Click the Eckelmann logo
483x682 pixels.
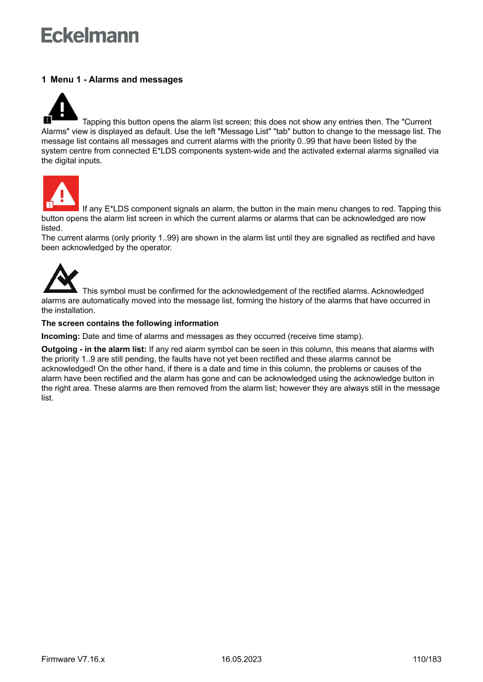[x=90, y=36]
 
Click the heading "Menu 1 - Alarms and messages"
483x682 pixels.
[x=112, y=79]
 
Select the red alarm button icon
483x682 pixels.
[x=61, y=193]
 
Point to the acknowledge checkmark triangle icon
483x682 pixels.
[x=61, y=279]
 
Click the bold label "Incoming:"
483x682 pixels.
[x=61, y=337]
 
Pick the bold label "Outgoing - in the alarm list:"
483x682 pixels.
[x=94, y=349]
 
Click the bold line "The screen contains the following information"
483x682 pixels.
[x=130, y=323]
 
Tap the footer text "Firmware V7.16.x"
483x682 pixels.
[x=73, y=659]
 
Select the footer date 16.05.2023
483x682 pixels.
[x=241, y=659]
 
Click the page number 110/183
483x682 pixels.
[x=426, y=659]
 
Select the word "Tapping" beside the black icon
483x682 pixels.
[x=97, y=122]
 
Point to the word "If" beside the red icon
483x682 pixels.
[x=86, y=209]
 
